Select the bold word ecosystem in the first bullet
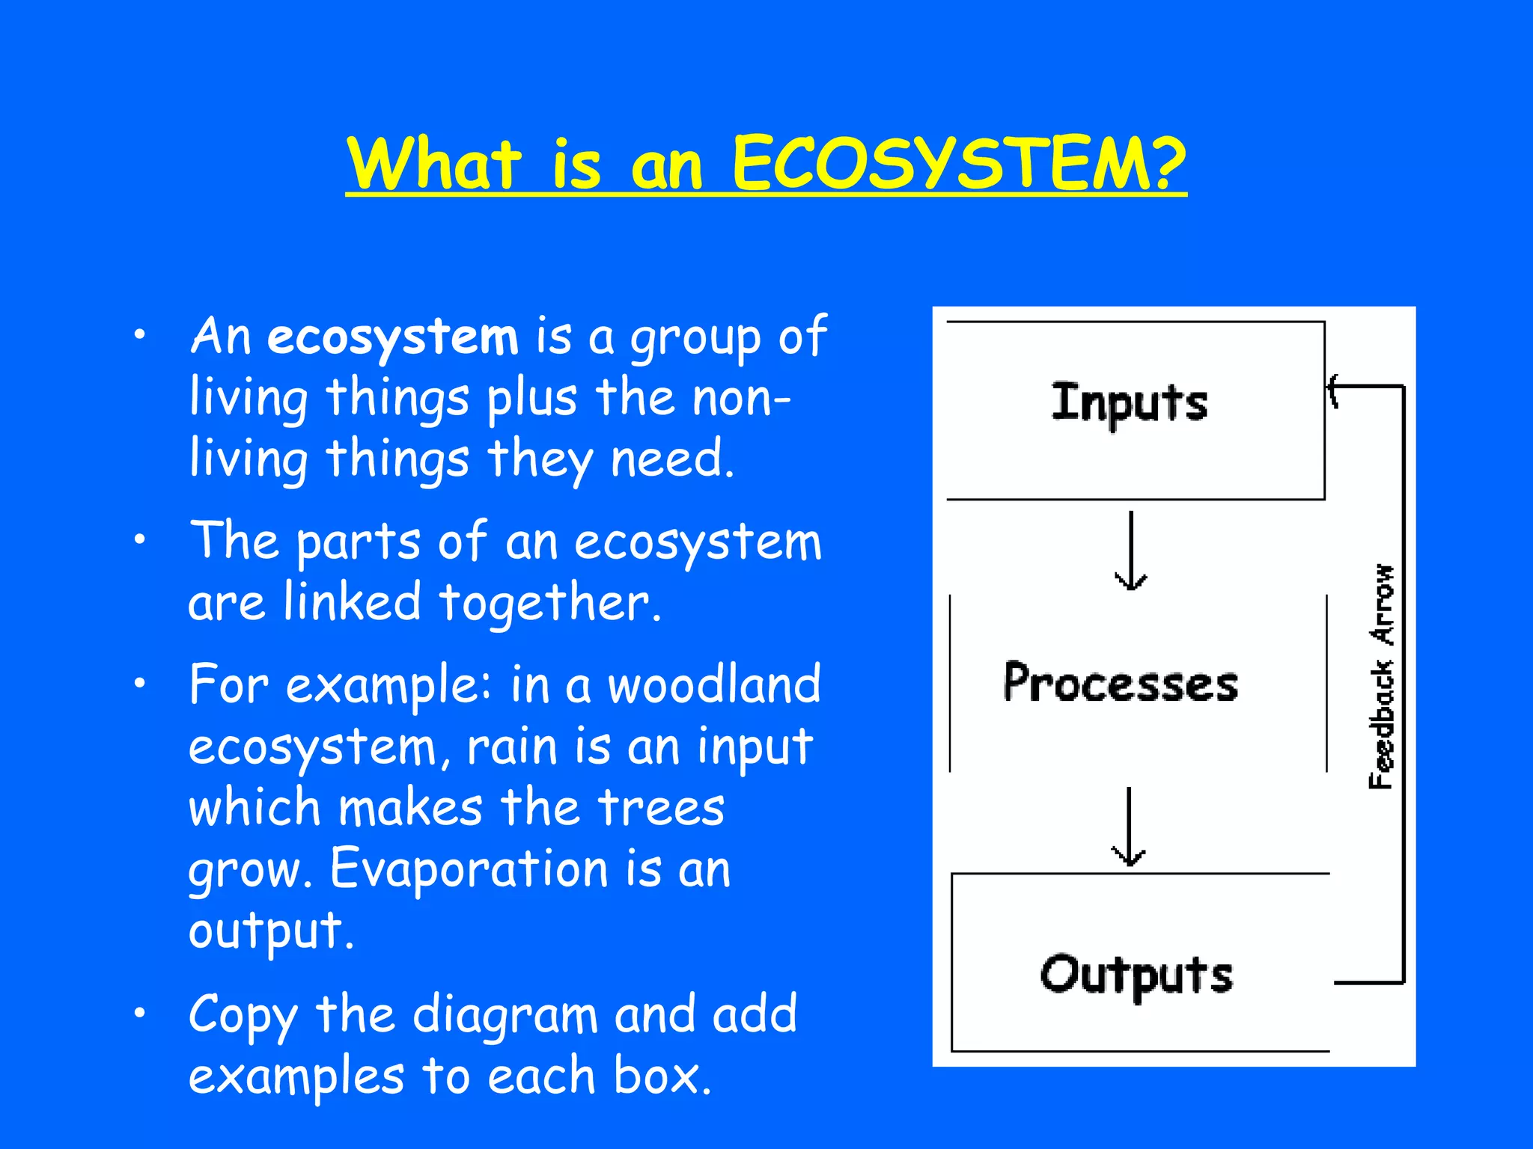393,337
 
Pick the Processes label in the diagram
1121,682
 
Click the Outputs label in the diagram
1136,975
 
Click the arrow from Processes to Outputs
1129,827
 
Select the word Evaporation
469,869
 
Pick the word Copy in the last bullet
243,1016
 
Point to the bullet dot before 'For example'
139,683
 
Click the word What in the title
434,165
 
